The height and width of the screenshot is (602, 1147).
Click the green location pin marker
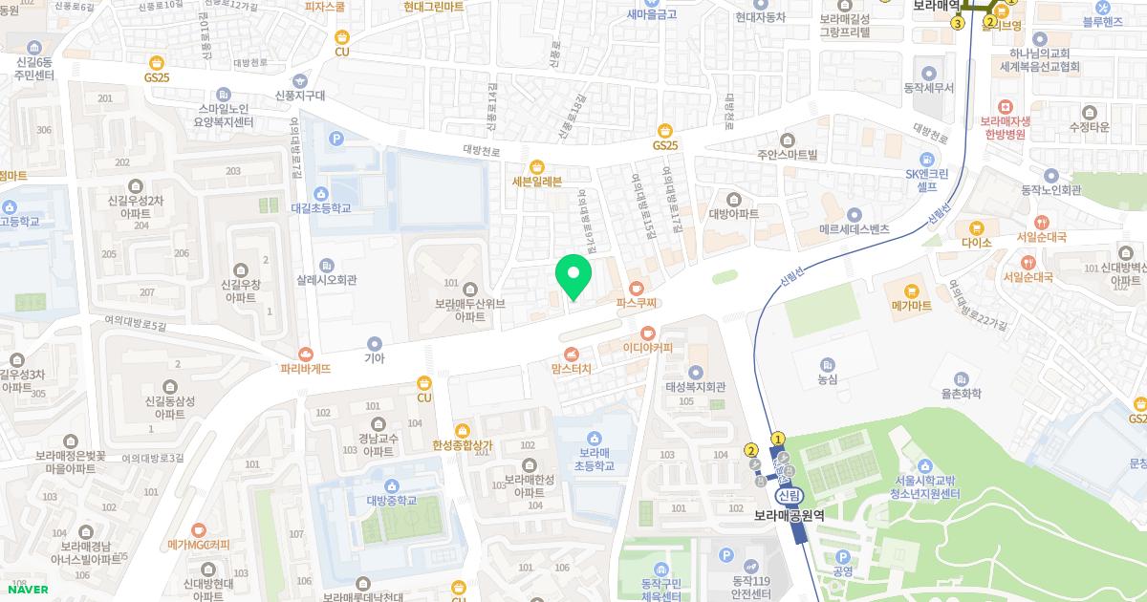click(573, 277)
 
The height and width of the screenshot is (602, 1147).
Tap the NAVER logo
click(27, 590)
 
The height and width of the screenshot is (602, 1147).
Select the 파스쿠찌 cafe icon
click(638, 287)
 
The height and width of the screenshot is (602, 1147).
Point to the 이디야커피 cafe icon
click(648, 333)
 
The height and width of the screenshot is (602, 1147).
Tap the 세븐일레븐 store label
click(537, 182)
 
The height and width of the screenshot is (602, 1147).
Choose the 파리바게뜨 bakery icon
click(305, 354)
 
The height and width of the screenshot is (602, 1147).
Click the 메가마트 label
click(910, 306)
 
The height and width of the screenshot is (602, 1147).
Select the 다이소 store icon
click(976, 227)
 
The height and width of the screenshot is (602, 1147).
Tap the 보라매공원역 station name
click(789, 515)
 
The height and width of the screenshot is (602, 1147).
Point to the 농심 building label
click(827, 379)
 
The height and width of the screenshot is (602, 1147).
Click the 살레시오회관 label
click(326, 280)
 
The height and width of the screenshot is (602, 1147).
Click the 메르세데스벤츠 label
click(855, 229)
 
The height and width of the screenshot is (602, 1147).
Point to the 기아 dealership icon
click(374, 343)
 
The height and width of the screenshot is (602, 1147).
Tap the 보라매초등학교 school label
click(594, 460)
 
